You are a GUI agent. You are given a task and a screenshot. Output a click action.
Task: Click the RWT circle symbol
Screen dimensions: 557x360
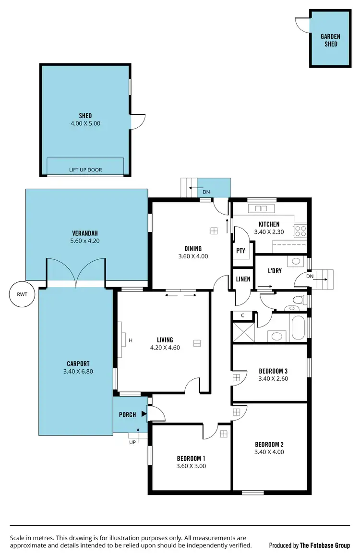coord(22,293)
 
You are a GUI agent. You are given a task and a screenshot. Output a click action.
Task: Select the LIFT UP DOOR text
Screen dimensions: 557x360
coord(85,170)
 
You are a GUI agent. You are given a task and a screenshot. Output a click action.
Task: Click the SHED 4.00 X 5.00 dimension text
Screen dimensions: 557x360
coord(85,123)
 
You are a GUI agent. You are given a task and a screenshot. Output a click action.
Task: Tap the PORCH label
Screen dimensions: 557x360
coord(127,415)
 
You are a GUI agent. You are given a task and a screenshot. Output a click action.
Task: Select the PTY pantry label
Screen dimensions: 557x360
coord(241,251)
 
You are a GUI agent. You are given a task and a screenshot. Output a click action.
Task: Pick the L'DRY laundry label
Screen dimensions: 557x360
coord(275,271)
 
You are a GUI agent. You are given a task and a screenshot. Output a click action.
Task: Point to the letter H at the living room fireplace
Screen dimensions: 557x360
coord(130,340)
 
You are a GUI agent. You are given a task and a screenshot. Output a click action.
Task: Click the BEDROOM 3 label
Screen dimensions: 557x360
coord(273,371)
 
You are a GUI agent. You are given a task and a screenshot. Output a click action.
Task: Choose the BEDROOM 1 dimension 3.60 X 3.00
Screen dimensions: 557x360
coord(192,465)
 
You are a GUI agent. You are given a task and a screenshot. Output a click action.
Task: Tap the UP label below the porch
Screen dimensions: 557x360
coord(133,442)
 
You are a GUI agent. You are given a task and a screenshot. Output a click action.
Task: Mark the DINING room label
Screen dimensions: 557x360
coord(193,249)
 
